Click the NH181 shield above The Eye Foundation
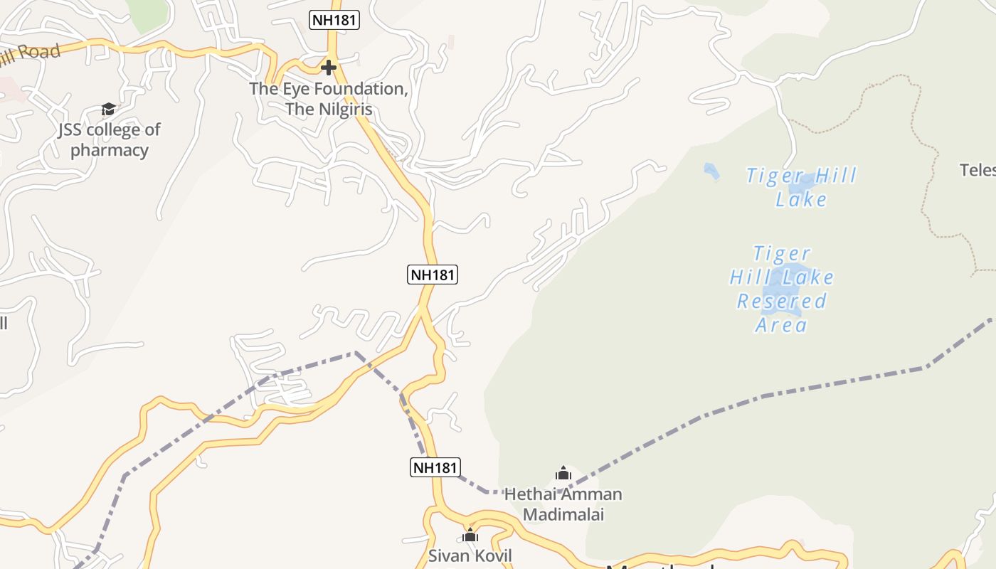coord(334,20)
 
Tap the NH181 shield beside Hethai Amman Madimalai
coord(435,467)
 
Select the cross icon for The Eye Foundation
coord(328,68)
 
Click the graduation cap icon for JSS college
coord(108,109)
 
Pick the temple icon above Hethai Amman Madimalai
coord(563,473)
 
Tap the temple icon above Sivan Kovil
coord(470,535)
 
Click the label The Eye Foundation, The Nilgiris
coord(329,99)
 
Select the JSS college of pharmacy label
coord(110,139)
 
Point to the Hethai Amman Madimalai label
coord(563,504)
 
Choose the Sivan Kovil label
coord(470,555)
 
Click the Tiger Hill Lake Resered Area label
coord(782,289)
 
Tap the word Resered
coord(782,302)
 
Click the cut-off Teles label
coord(978,170)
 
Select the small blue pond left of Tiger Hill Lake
coord(711,171)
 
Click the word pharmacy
coord(110,150)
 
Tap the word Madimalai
coord(563,514)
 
